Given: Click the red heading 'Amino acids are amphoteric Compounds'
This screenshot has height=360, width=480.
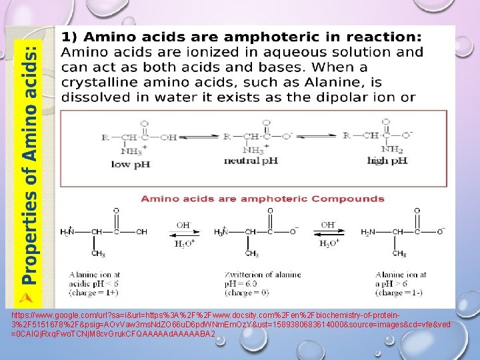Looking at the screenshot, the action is coord(262,198).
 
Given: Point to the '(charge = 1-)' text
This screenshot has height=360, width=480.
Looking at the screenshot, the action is coord(398,291).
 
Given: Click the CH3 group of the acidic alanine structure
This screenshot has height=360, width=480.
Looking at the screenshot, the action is coord(98,254).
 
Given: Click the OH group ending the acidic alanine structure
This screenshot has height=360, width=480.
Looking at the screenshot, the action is coord(141,232).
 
